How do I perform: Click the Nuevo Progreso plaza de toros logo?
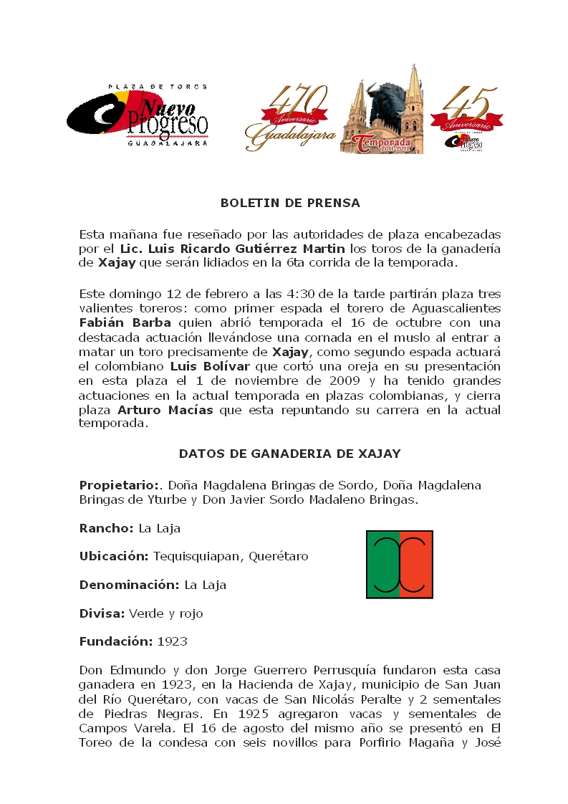pyautogui.click(x=138, y=115)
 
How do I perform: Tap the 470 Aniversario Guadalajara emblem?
pyautogui.click(x=290, y=118)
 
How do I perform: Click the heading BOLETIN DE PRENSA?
pyautogui.click(x=290, y=203)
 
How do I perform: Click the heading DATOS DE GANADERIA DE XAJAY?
pyautogui.click(x=289, y=454)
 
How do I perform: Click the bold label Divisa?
pyautogui.click(x=102, y=613)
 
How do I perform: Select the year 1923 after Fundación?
pyautogui.click(x=173, y=641)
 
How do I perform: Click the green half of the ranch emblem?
pyautogui.click(x=383, y=564)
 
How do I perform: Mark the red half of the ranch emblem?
pyautogui.click(x=416, y=564)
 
